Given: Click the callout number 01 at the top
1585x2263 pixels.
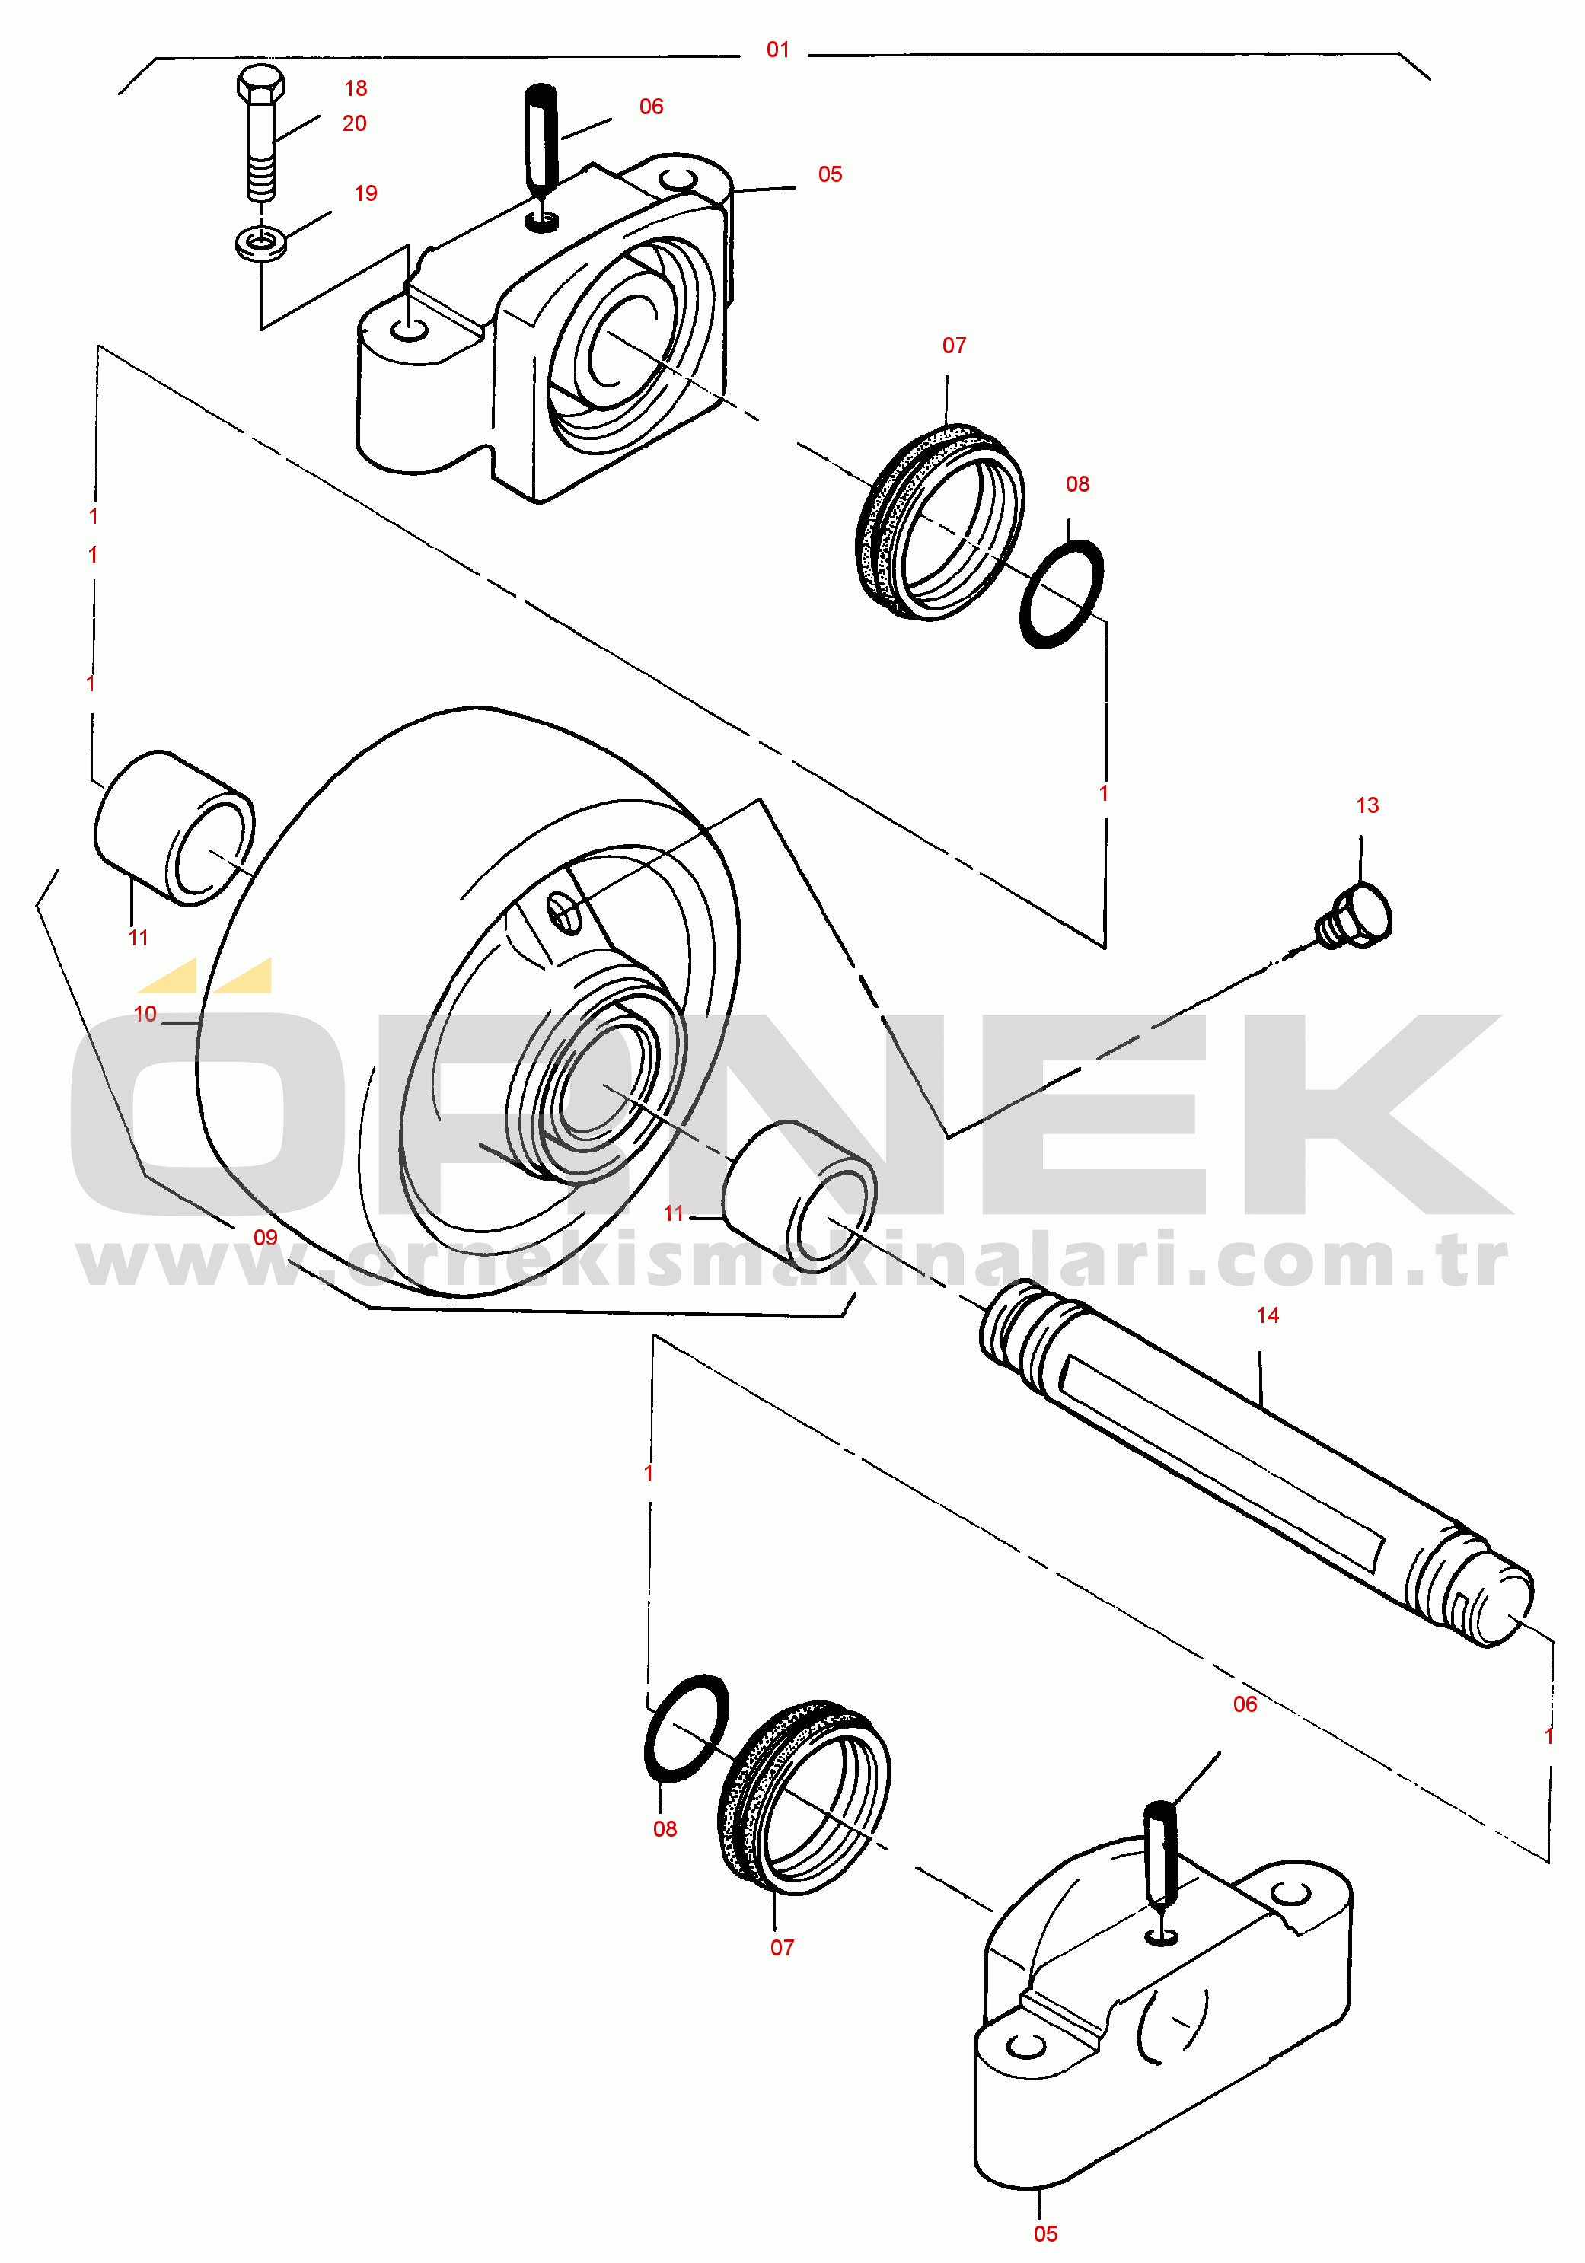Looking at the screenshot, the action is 778,49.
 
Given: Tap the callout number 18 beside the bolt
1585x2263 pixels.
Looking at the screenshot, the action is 356,89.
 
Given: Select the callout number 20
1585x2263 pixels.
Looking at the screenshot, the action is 355,123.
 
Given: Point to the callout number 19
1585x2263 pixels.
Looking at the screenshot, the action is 365,193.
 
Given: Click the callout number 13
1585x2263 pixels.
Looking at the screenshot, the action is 1367,805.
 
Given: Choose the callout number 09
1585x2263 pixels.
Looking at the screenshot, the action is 265,1237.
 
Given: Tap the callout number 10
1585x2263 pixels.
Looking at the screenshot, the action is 145,1013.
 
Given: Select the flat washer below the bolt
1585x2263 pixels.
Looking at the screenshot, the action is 261,241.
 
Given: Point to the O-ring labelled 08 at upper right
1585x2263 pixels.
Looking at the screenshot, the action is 1060,594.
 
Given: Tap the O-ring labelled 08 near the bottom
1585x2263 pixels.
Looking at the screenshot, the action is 686,1728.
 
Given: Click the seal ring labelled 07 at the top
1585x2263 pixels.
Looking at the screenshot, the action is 939,521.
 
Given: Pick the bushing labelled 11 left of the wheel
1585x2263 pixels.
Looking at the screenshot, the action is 174,828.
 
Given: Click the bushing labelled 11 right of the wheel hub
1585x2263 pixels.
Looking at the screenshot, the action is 799,1197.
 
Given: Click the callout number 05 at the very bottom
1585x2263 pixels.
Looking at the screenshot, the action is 1044,2233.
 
